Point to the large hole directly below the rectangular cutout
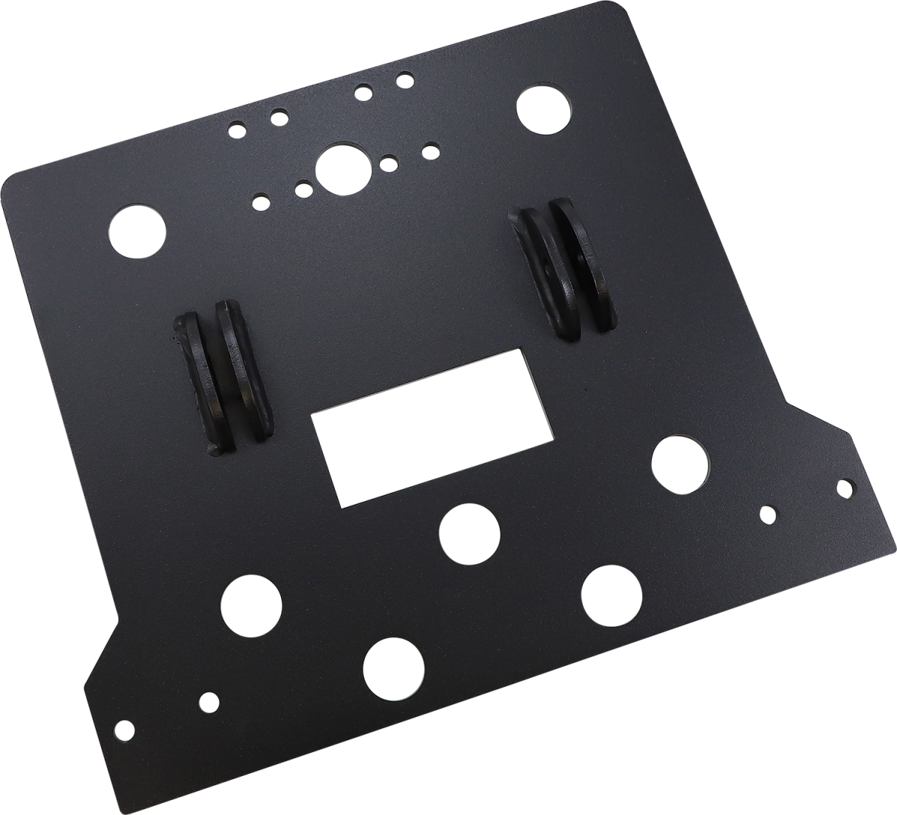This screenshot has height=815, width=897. coord(469,533)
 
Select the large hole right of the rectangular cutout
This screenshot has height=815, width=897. coord(679,463)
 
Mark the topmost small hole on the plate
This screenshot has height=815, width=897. coord(404,78)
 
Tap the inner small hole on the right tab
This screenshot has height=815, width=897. coord(768,514)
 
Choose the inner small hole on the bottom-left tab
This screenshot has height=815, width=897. coord(210,701)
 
